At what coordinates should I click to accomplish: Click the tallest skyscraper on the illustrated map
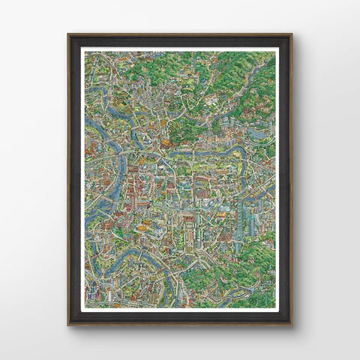tap(239, 214)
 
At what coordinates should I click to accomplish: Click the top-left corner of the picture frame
tap(68, 34)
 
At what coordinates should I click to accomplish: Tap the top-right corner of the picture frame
tap(292, 34)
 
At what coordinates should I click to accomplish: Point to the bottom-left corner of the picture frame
tap(68, 325)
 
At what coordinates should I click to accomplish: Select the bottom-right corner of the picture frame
tap(292, 325)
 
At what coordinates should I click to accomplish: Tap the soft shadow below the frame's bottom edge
tap(180, 330)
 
